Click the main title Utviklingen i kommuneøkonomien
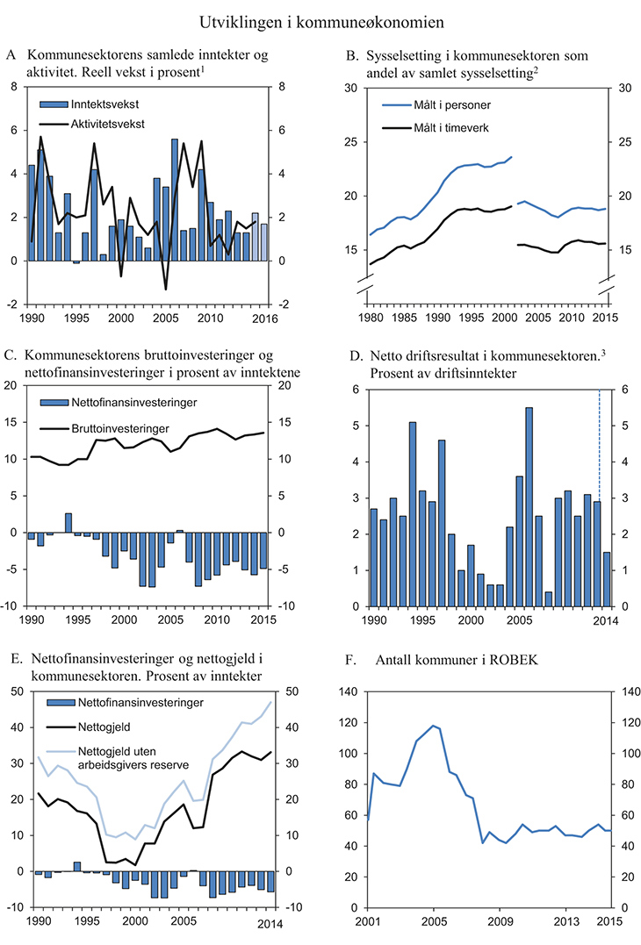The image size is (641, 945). click(x=320, y=19)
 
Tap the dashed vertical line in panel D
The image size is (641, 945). click(x=599, y=474)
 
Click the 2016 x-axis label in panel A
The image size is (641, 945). click(x=264, y=318)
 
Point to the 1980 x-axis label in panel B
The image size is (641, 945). click(x=369, y=318)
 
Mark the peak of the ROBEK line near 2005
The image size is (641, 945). click(x=433, y=726)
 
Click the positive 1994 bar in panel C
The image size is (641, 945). click(x=68, y=523)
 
